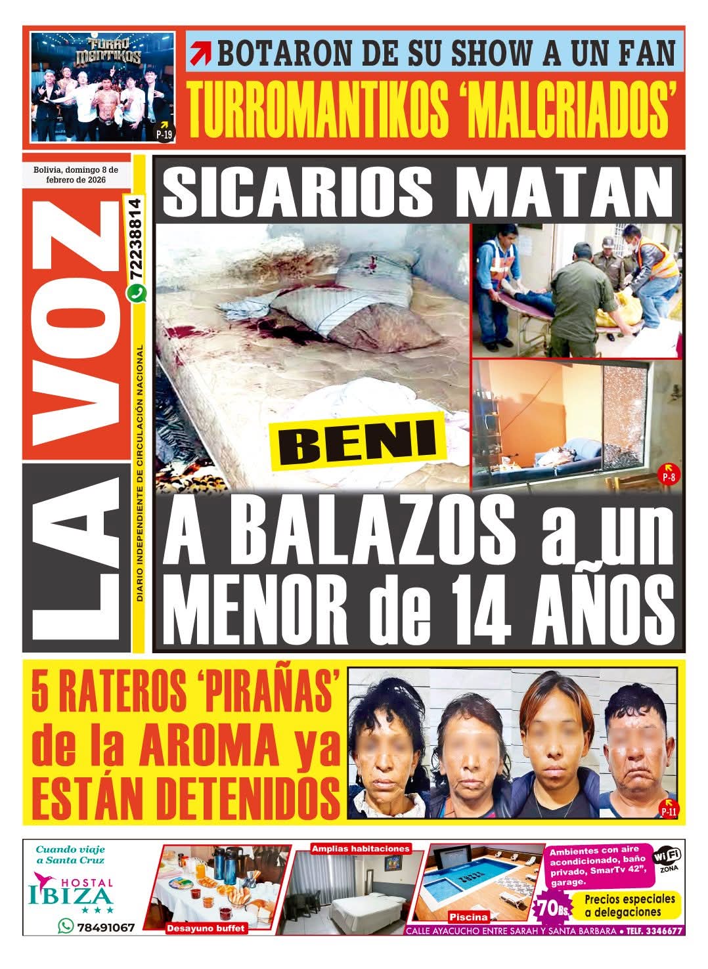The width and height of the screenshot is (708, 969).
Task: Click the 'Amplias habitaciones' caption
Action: [360, 848]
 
